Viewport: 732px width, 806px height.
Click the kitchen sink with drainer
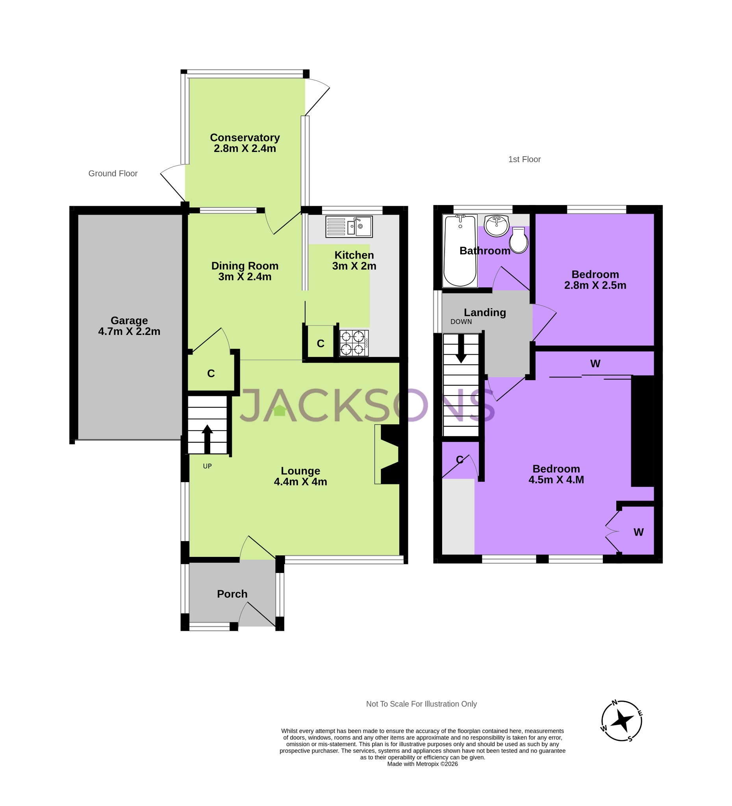pos(349,227)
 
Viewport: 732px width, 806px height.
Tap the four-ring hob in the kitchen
pos(354,343)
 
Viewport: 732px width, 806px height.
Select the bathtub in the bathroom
pos(460,251)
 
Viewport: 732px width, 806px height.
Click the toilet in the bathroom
pos(519,241)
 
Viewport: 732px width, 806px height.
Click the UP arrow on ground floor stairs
pos(207,438)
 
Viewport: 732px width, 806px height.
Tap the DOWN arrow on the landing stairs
pos(461,349)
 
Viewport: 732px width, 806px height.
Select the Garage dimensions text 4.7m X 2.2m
pos(129,331)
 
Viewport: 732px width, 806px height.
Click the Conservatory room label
pos(245,137)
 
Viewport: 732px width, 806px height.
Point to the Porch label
pos(232,594)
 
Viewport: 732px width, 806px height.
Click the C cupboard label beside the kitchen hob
pos(321,344)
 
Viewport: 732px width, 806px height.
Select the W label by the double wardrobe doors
pos(638,532)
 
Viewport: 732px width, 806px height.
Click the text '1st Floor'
pos(524,159)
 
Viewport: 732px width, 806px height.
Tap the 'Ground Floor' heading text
pos(113,174)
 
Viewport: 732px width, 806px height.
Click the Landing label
pos(485,312)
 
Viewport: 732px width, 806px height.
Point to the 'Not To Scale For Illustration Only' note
pos(421,704)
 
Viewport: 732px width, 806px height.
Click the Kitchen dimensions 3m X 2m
pos(354,266)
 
